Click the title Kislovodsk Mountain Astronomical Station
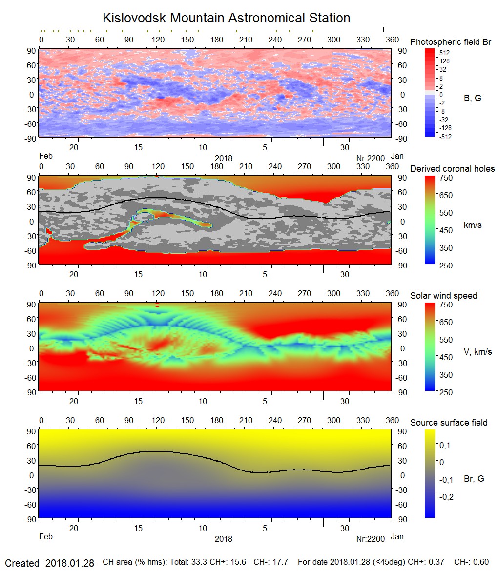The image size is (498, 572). click(x=226, y=18)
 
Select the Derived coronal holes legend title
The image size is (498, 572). click(x=452, y=169)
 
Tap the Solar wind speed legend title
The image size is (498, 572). click(x=443, y=296)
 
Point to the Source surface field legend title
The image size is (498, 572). click(x=449, y=423)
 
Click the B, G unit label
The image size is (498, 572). click(x=472, y=98)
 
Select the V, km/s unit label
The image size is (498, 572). click(x=477, y=352)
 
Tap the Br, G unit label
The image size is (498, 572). click(x=474, y=479)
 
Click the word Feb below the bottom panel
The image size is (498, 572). click(x=45, y=536)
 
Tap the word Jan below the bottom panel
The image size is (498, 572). click(x=397, y=536)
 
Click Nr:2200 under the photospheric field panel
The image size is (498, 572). click(x=371, y=158)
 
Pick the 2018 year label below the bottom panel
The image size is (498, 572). click(x=223, y=539)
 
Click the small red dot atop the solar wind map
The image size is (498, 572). click(x=157, y=305)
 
